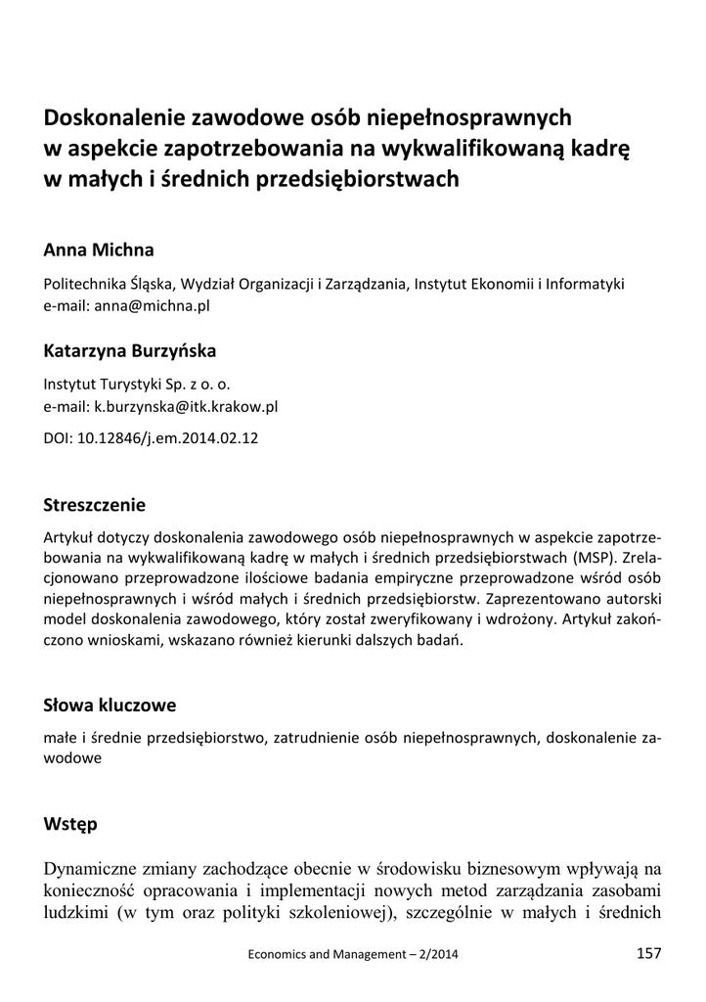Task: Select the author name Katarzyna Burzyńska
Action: pos(130,349)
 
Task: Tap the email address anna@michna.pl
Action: pos(153,304)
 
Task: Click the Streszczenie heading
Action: pos(95,505)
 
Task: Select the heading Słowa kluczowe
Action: pos(110,705)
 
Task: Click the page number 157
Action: pos(648,953)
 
